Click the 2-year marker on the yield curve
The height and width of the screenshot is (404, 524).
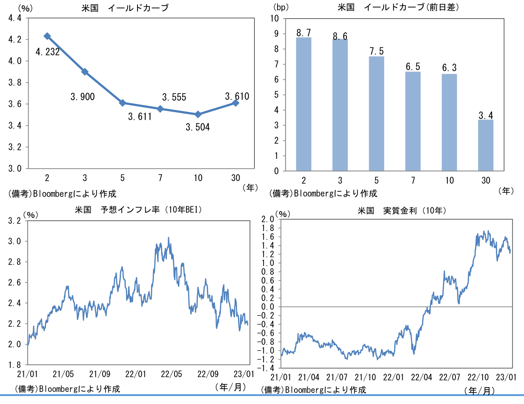pos(47,36)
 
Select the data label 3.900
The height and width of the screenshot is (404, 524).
pos(83,97)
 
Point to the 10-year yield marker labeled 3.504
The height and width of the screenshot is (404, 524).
pos(198,114)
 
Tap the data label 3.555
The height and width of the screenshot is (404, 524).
pos(174,97)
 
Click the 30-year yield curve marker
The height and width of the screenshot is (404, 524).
pos(235,103)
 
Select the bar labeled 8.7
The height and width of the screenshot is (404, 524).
pos(304,104)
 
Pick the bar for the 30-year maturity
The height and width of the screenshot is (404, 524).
pos(486,145)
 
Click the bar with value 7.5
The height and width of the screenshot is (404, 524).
pos(376,113)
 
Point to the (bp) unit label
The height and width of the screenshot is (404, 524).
pos(281,7)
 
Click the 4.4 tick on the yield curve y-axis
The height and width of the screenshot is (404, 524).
pos(15,18)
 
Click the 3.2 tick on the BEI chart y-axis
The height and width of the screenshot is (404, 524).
pos(15,220)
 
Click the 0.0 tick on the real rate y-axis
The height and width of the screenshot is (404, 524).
pos(268,307)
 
